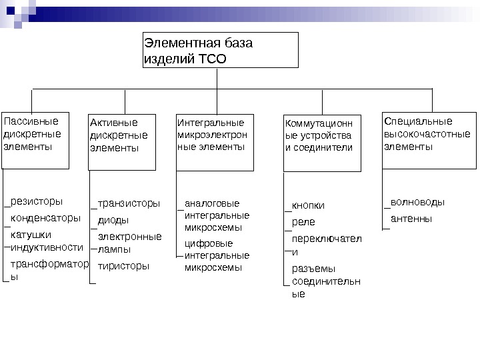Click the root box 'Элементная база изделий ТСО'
coord(221,51)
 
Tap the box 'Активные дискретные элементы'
coord(122,141)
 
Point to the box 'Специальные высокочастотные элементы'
coord(430,141)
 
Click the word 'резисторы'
coord(37,201)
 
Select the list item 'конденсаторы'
coord(45,218)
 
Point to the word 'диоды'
coord(113,220)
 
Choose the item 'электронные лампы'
coord(129,243)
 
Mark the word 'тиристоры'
coord(123,266)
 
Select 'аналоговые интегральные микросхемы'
coord(216,215)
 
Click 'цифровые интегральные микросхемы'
coord(216,255)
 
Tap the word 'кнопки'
coord(308,205)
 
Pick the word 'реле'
coord(303,221)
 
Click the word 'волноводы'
coord(417,201)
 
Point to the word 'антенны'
coord(411,218)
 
